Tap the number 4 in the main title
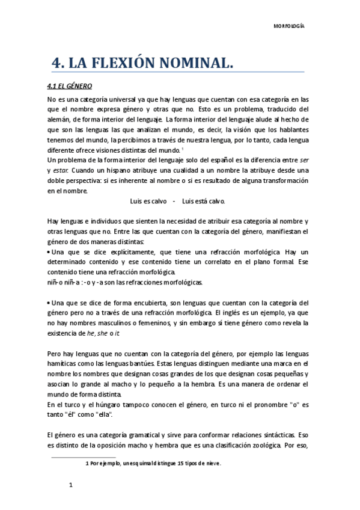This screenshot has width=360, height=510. tap(58, 63)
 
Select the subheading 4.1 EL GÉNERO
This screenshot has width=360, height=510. tap(69, 86)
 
